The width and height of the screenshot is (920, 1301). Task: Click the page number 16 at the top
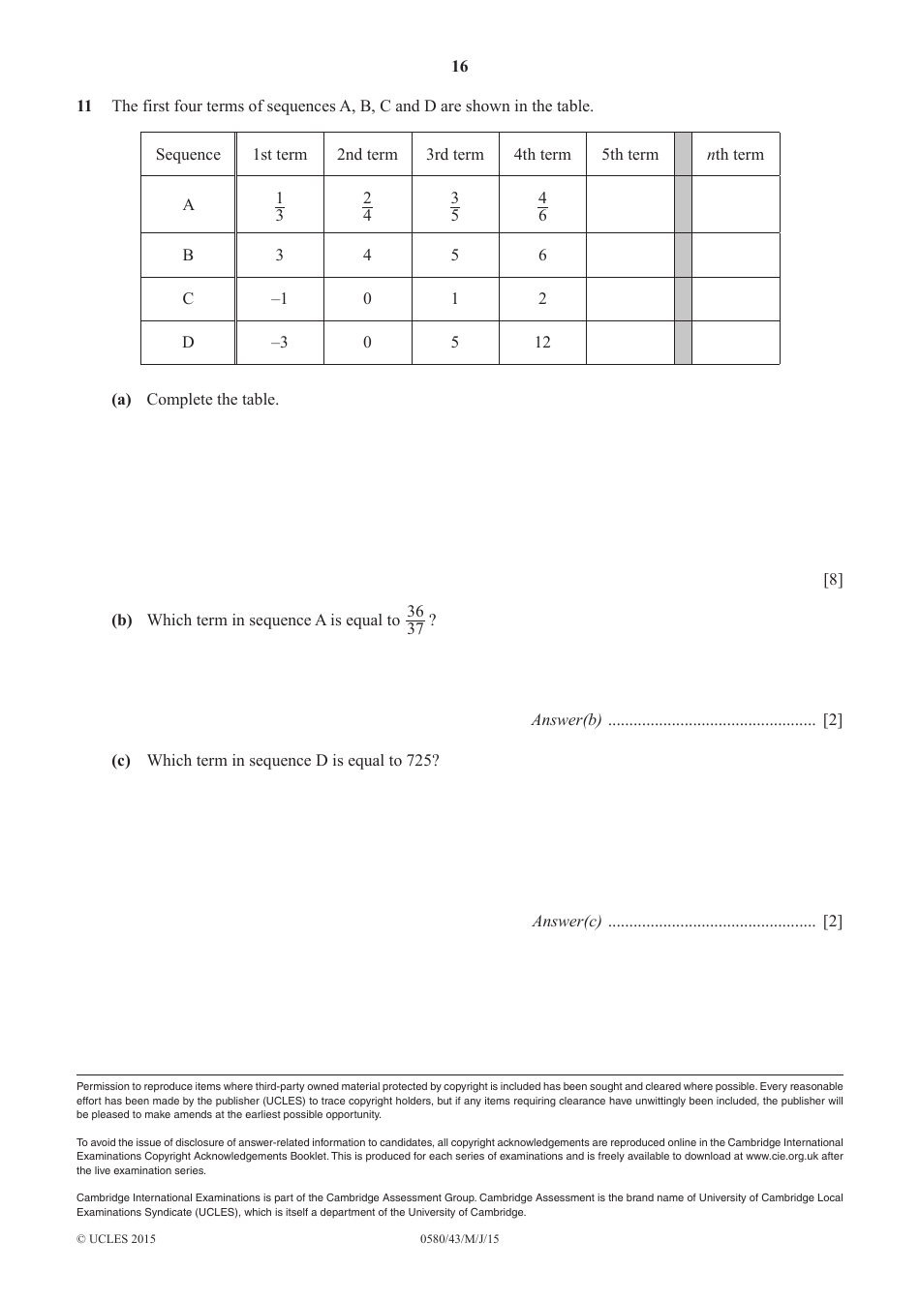[459, 66]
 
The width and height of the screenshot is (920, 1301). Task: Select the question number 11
[84, 106]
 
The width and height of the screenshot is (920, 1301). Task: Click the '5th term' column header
[629, 155]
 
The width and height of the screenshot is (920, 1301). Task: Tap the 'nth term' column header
[735, 155]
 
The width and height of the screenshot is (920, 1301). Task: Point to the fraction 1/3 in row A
[280, 205]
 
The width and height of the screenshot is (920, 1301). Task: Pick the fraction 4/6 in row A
[542, 205]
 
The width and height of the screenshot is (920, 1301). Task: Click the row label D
[188, 342]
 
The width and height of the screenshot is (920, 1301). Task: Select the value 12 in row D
[542, 342]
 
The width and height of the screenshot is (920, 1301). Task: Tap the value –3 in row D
[279, 342]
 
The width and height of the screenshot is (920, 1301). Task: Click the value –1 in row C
[279, 299]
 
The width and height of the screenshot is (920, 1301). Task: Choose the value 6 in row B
[542, 256]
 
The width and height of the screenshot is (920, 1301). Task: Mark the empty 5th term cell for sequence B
[629, 256]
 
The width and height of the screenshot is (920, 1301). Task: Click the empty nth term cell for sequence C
[735, 299]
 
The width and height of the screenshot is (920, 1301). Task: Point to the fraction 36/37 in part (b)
[415, 620]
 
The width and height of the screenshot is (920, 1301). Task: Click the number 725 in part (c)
[418, 761]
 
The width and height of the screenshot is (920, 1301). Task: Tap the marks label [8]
[833, 580]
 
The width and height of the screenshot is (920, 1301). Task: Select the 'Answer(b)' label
[567, 720]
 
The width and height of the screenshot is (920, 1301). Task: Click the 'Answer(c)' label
[567, 922]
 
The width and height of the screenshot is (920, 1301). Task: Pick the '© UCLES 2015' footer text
[116, 1239]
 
